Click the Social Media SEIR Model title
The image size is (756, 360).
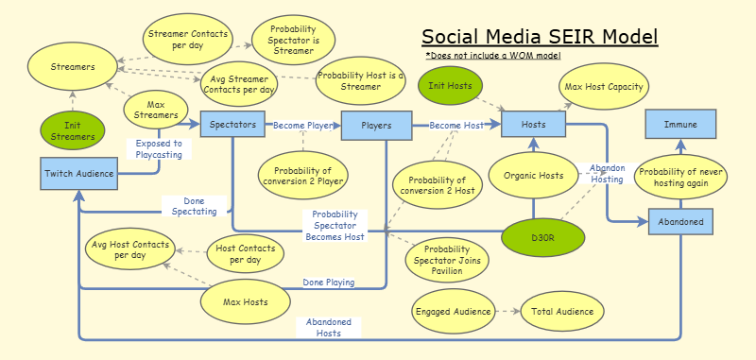click(540, 37)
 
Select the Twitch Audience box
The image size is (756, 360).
click(78, 173)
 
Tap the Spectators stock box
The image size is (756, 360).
click(232, 124)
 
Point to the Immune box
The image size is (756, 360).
click(680, 124)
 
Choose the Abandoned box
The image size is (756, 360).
click(680, 221)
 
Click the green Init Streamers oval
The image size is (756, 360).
click(74, 130)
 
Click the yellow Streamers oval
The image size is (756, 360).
click(74, 68)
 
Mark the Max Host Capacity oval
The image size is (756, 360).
click(604, 87)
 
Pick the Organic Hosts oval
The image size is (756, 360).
click(533, 175)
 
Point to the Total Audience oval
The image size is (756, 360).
click(562, 310)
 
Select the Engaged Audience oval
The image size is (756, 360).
click(453, 310)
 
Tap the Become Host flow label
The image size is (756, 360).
click(456, 124)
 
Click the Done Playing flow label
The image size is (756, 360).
click(328, 282)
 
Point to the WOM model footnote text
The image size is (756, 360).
click(492, 57)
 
